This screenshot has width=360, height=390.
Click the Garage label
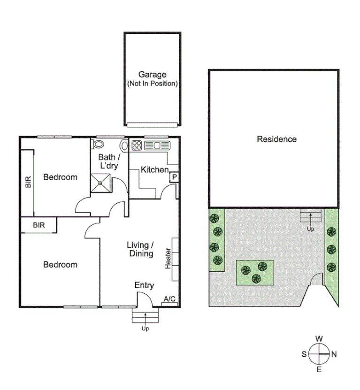coord(152,75)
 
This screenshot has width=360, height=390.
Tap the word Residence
coord(276,139)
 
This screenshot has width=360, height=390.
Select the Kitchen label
coord(155,169)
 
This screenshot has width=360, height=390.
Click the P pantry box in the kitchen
coord(174,177)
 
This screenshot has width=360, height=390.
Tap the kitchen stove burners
coord(137,145)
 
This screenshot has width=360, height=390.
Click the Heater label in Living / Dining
coord(168,259)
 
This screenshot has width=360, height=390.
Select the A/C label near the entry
coord(169,299)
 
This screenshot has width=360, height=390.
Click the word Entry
coord(144,285)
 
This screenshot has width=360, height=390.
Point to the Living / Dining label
coord(140,249)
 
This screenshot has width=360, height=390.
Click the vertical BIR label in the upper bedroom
coord(28,182)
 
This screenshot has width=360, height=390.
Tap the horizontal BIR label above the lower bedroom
coord(38,225)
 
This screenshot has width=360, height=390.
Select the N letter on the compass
coord(334,355)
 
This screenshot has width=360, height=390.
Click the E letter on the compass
coord(319,370)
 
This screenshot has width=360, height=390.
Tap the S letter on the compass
coord(304,355)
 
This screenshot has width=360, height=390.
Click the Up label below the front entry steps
coord(145,329)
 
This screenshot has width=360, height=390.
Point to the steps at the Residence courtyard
coord(310,217)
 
